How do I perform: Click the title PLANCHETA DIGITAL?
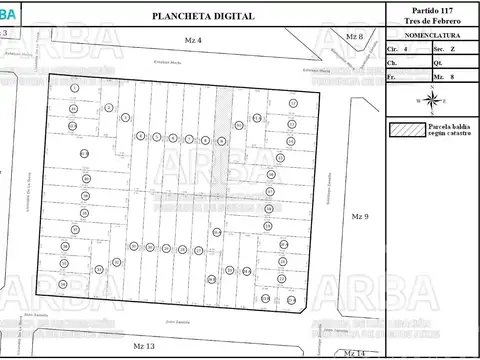(203, 17)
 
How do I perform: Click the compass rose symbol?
(431, 100)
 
